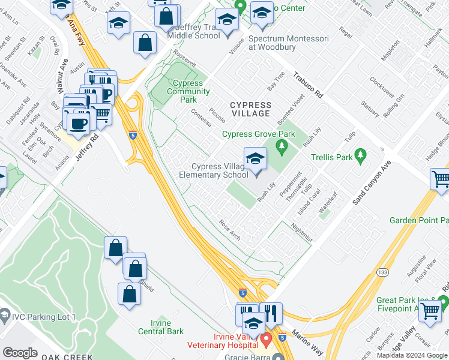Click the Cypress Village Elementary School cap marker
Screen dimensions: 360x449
click(255, 159)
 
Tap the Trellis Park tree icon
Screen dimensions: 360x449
click(360, 156)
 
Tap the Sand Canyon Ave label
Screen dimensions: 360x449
click(372, 184)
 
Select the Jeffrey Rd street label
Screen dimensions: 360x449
click(86, 144)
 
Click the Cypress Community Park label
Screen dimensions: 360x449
click(188, 92)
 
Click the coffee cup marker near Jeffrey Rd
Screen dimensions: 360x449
click(79, 123)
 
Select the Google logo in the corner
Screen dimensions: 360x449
click(20, 352)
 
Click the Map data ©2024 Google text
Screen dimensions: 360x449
click(412, 355)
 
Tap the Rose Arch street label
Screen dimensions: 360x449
click(229, 230)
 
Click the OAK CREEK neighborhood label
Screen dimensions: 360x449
click(67, 356)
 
